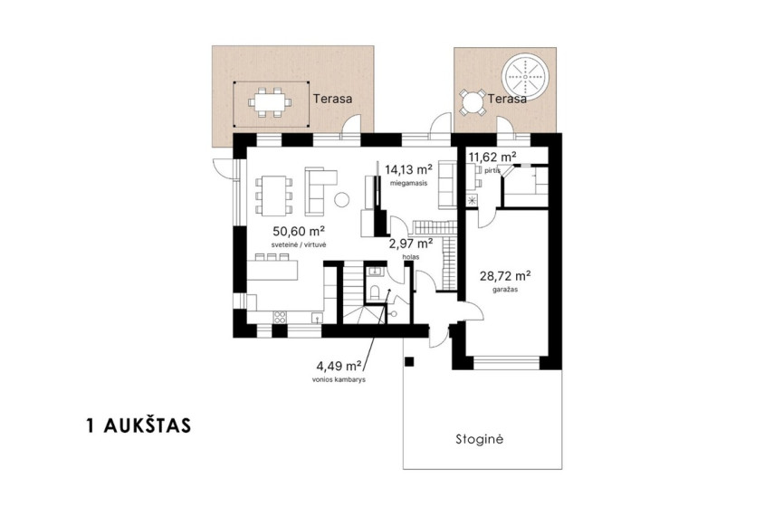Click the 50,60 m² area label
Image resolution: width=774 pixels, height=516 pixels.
tap(299, 232)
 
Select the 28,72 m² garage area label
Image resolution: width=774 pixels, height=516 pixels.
tap(505, 275)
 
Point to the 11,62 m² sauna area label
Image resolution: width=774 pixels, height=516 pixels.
tap(492, 157)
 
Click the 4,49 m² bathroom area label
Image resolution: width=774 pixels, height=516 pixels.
tap(339, 367)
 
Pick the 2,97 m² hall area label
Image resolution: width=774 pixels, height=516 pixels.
tap(411, 244)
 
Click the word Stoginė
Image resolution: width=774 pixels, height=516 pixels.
tap(479, 439)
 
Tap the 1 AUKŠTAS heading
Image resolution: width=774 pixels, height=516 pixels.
tap(139, 426)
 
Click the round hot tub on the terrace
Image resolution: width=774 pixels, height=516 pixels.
tap(525, 78)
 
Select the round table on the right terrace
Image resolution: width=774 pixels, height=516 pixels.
tap(473, 103)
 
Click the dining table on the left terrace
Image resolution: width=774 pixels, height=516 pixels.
tap(270, 102)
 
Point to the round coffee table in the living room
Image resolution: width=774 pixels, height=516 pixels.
tap(341, 199)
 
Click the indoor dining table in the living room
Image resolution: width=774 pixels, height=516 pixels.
tap(273, 196)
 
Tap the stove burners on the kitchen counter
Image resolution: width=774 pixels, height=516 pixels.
tap(280, 317)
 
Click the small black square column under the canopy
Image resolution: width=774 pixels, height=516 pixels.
tap(408, 362)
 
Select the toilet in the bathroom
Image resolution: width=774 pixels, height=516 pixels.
tap(374, 292)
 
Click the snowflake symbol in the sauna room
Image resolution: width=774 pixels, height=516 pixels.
tap(473, 200)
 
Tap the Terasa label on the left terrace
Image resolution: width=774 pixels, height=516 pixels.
tap(333, 99)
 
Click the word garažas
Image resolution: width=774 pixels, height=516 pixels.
tap(505, 290)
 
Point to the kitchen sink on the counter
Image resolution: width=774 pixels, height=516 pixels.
tap(317, 317)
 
